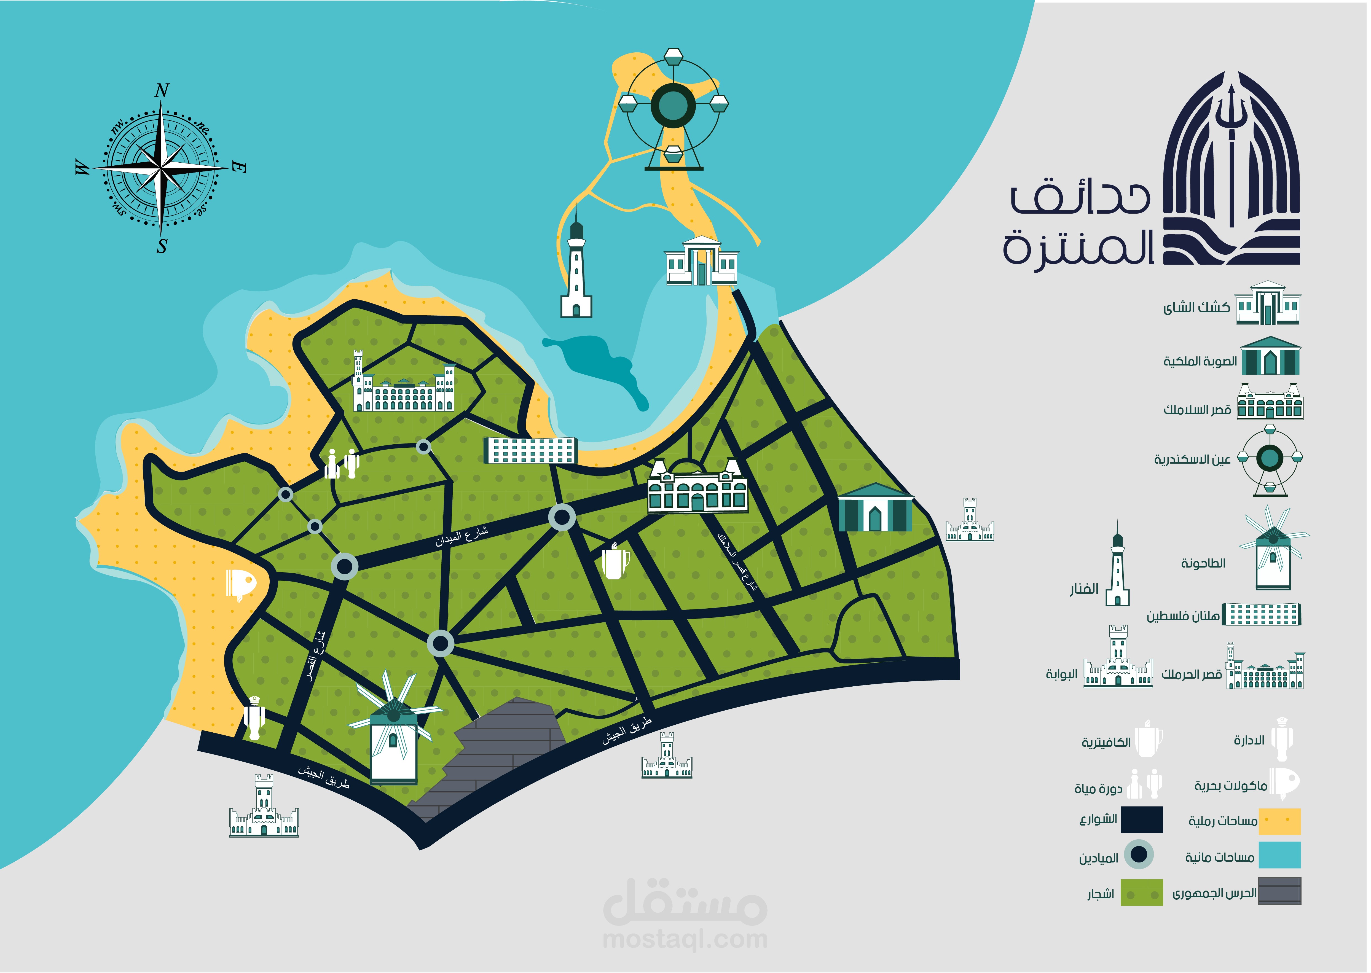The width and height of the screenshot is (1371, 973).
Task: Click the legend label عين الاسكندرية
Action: (1192, 459)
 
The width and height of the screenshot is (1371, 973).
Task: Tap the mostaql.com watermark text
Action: (685, 939)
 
